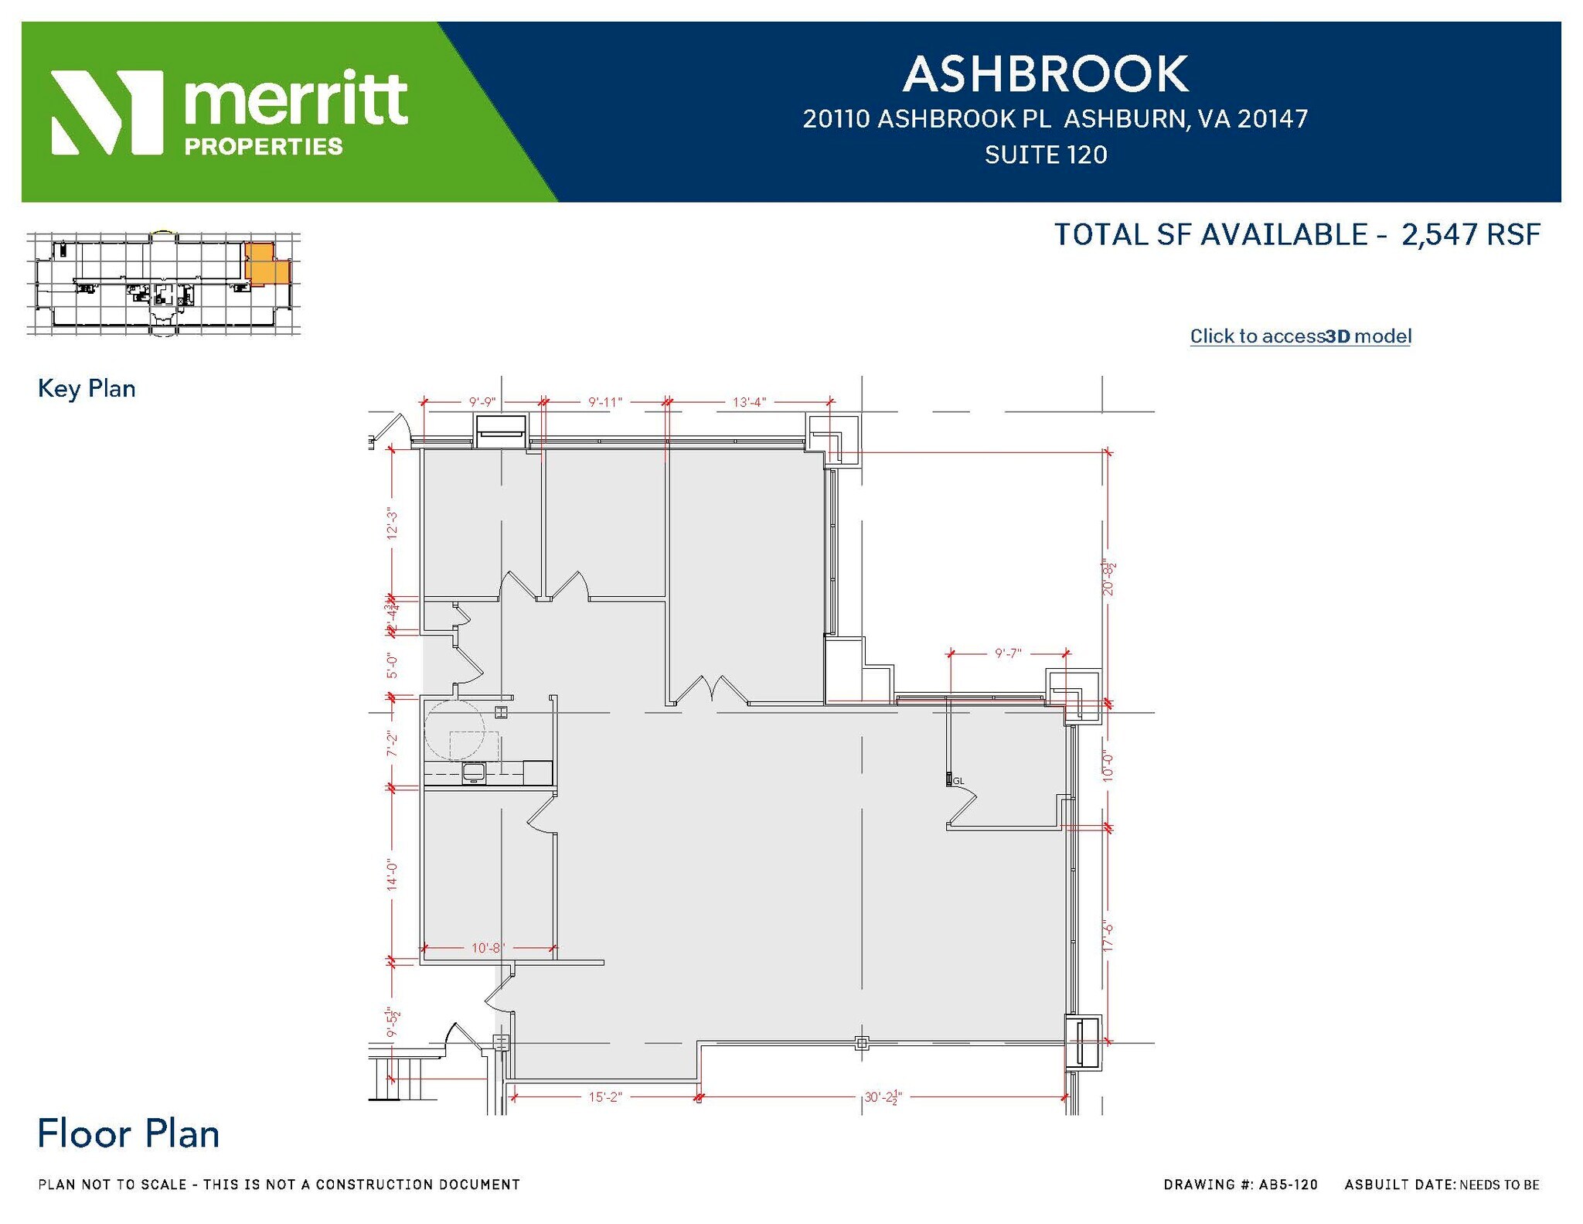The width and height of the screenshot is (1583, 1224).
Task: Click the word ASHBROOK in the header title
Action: [x=1045, y=74]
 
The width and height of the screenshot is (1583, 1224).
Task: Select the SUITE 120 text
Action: [x=1045, y=155]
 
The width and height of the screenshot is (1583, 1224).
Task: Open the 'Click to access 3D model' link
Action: [x=1300, y=336]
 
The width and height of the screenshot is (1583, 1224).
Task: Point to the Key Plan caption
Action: [x=87, y=388]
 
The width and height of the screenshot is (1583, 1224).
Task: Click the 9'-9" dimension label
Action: [x=482, y=402]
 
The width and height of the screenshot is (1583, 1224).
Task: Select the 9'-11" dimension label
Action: [x=604, y=402]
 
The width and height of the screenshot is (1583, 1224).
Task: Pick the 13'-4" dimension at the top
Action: [x=749, y=402]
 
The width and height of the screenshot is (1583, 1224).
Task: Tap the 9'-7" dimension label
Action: [x=1008, y=653]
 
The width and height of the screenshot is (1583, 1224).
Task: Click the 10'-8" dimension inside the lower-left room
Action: [x=488, y=947]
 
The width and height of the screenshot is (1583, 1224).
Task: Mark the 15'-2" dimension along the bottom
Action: [x=605, y=1096]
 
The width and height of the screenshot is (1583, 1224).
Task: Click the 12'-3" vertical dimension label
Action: [x=393, y=523]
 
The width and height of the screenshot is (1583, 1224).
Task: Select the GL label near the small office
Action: [x=958, y=781]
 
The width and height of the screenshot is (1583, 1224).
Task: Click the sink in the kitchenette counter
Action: [x=473, y=771]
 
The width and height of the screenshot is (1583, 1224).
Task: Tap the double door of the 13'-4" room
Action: [x=710, y=690]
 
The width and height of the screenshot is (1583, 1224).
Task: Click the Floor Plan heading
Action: [x=128, y=1134]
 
